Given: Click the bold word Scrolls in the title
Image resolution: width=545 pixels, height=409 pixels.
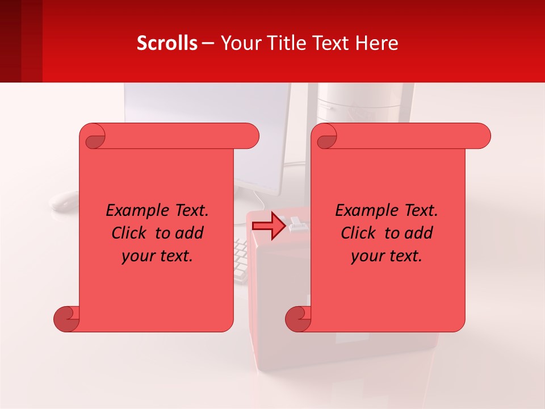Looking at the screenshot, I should click(x=167, y=43).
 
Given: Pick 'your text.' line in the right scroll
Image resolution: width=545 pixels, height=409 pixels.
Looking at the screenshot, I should click(x=387, y=256).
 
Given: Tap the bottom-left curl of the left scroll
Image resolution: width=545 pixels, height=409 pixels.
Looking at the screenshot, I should click(x=66, y=319).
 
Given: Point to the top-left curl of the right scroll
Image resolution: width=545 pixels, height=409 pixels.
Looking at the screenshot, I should click(x=326, y=136).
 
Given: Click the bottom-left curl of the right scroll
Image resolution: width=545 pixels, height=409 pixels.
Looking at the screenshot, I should click(x=297, y=319).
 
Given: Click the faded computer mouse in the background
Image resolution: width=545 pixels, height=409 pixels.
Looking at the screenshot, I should click(x=64, y=200).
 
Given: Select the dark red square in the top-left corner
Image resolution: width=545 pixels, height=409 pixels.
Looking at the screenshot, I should click(x=21, y=41).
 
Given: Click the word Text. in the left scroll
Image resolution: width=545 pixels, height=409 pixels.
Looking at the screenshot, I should click(x=188, y=211).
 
